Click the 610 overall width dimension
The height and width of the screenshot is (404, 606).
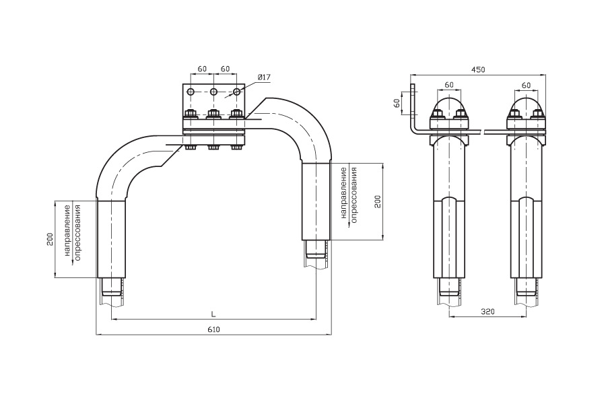tap(213, 329)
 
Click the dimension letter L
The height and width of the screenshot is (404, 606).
tap(213, 314)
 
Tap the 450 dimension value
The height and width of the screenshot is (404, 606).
tap(477, 69)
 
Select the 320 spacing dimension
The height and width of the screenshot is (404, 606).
tap(487, 311)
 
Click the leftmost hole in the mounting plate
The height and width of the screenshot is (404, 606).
tap(191, 92)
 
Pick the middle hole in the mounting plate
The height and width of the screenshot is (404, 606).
tap(213, 92)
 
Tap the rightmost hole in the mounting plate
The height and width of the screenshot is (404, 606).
tap(236, 92)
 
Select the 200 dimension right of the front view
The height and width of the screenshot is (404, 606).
tap(378, 202)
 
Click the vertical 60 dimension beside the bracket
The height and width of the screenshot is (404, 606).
tap(397, 103)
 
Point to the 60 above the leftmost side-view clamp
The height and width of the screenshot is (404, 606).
tap(448, 84)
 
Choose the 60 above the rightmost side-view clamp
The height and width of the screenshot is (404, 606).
tap(526, 85)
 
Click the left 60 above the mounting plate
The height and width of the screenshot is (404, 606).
tap(202, 69)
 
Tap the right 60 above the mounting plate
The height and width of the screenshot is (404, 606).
tap(225, 69)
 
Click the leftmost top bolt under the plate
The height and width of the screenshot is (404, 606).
tap(191, 114)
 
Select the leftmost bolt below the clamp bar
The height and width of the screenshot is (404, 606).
tap(191, 147)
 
